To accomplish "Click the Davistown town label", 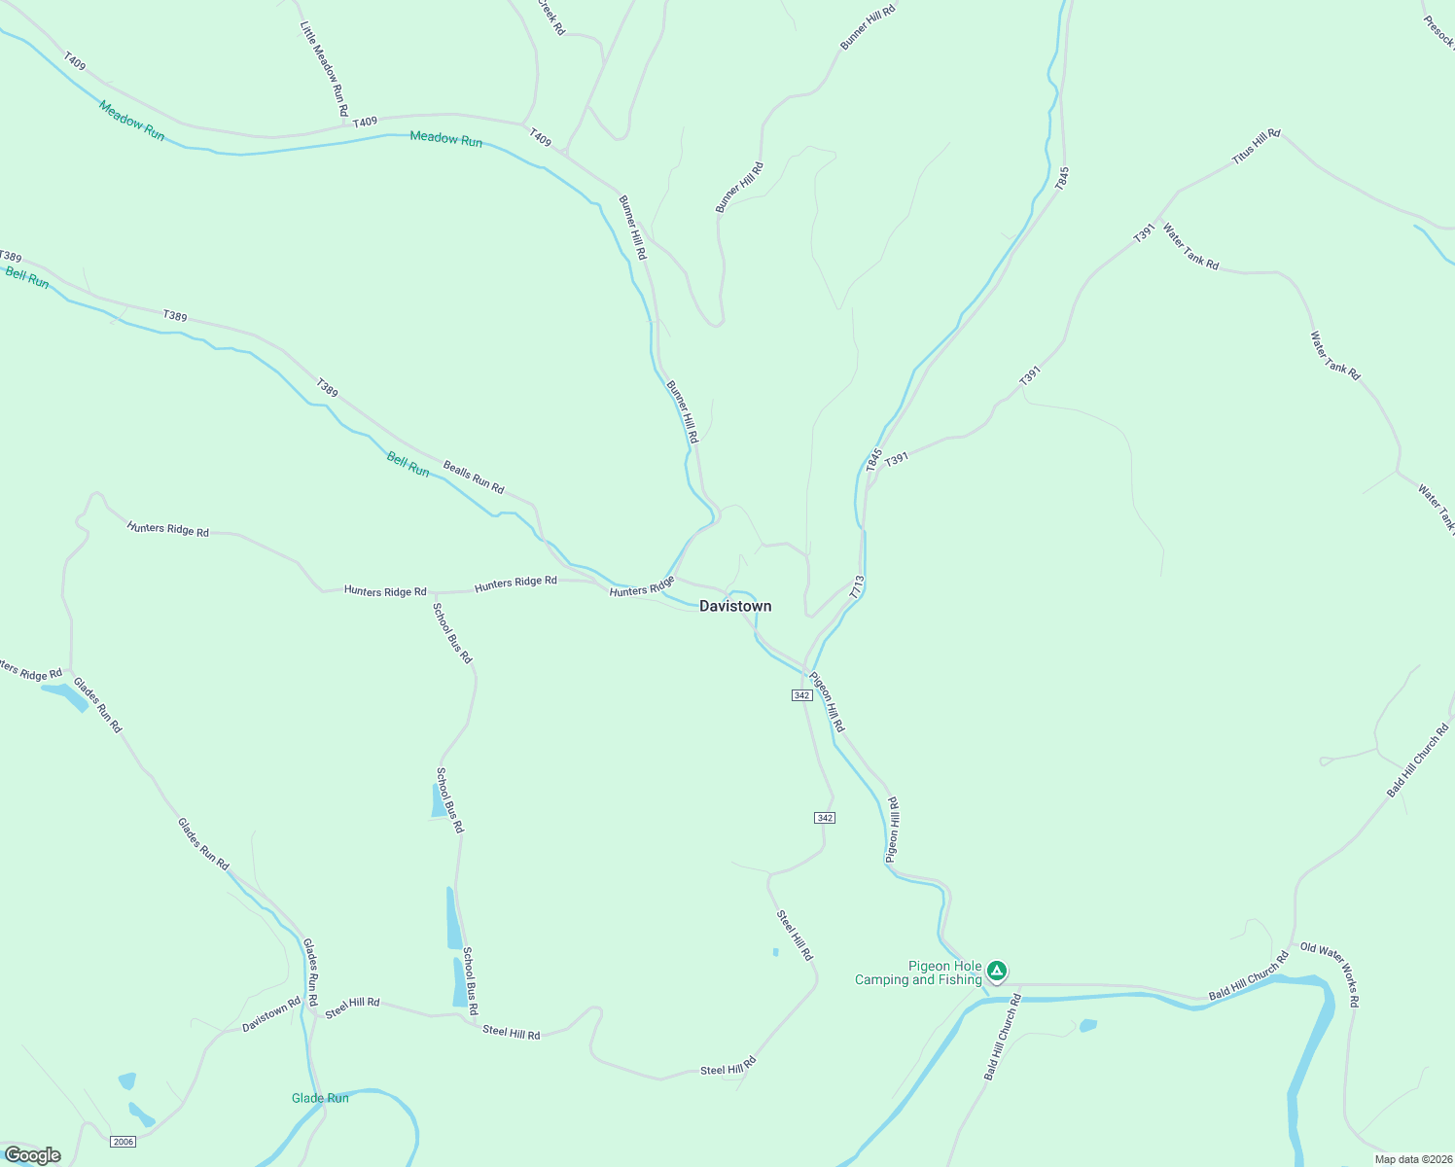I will click(735, 606).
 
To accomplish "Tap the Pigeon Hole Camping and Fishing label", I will click(918, 972).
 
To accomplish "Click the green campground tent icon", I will click(996, 971).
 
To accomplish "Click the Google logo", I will click(33, 1155).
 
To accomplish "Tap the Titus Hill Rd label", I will click(1256, 146).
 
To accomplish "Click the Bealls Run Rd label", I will click(474, 477).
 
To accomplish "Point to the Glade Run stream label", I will click(320, 1098).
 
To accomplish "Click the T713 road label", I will click(856, 586).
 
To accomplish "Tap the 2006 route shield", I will click(123, 1141).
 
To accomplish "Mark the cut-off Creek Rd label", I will click(550, 17).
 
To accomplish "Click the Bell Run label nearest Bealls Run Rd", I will click(408, 465).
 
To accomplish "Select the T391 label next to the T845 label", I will click(897, 457).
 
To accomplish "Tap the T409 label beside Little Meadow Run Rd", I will click(365, 123).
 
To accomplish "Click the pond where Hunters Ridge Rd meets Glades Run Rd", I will click(65, 694).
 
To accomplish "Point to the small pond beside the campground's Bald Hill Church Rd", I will click(1087, 1025).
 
